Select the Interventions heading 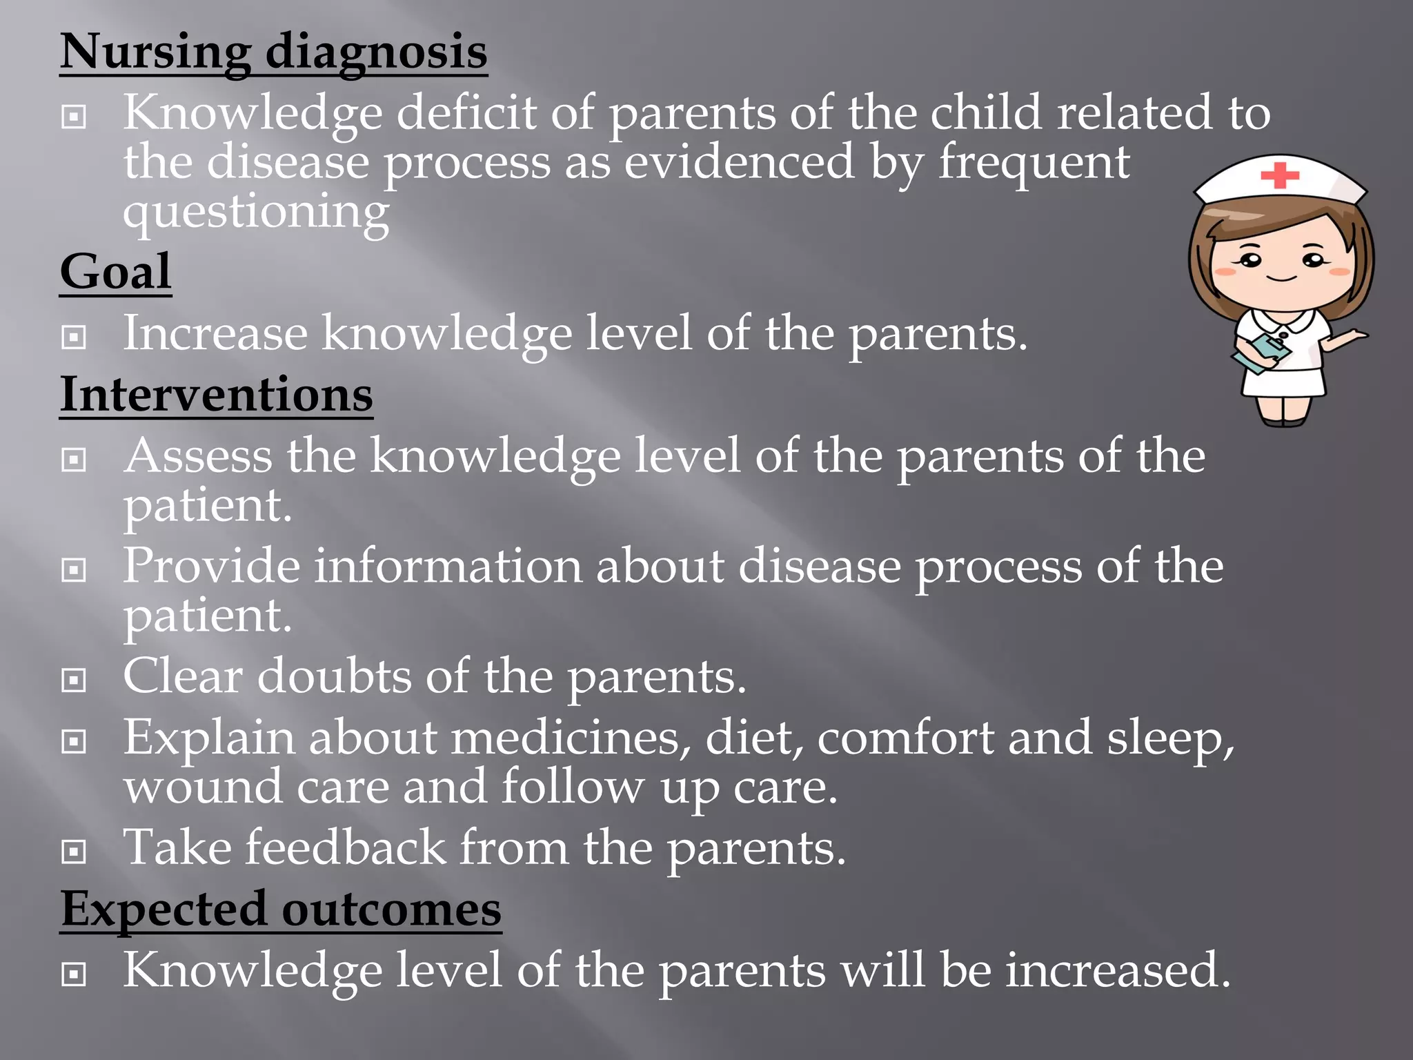[216, 395]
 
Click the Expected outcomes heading [281, 909]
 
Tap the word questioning [256, 212]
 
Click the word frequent [1034, 163]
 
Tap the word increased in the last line [1118, 970]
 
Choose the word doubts [334, 676]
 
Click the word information [448, 566]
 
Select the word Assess [198, 456]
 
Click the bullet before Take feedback [74, 852]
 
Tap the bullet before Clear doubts [74, 680]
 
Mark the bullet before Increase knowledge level [74, 337]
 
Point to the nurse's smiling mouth [1281, 278]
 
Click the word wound [203, 787]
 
